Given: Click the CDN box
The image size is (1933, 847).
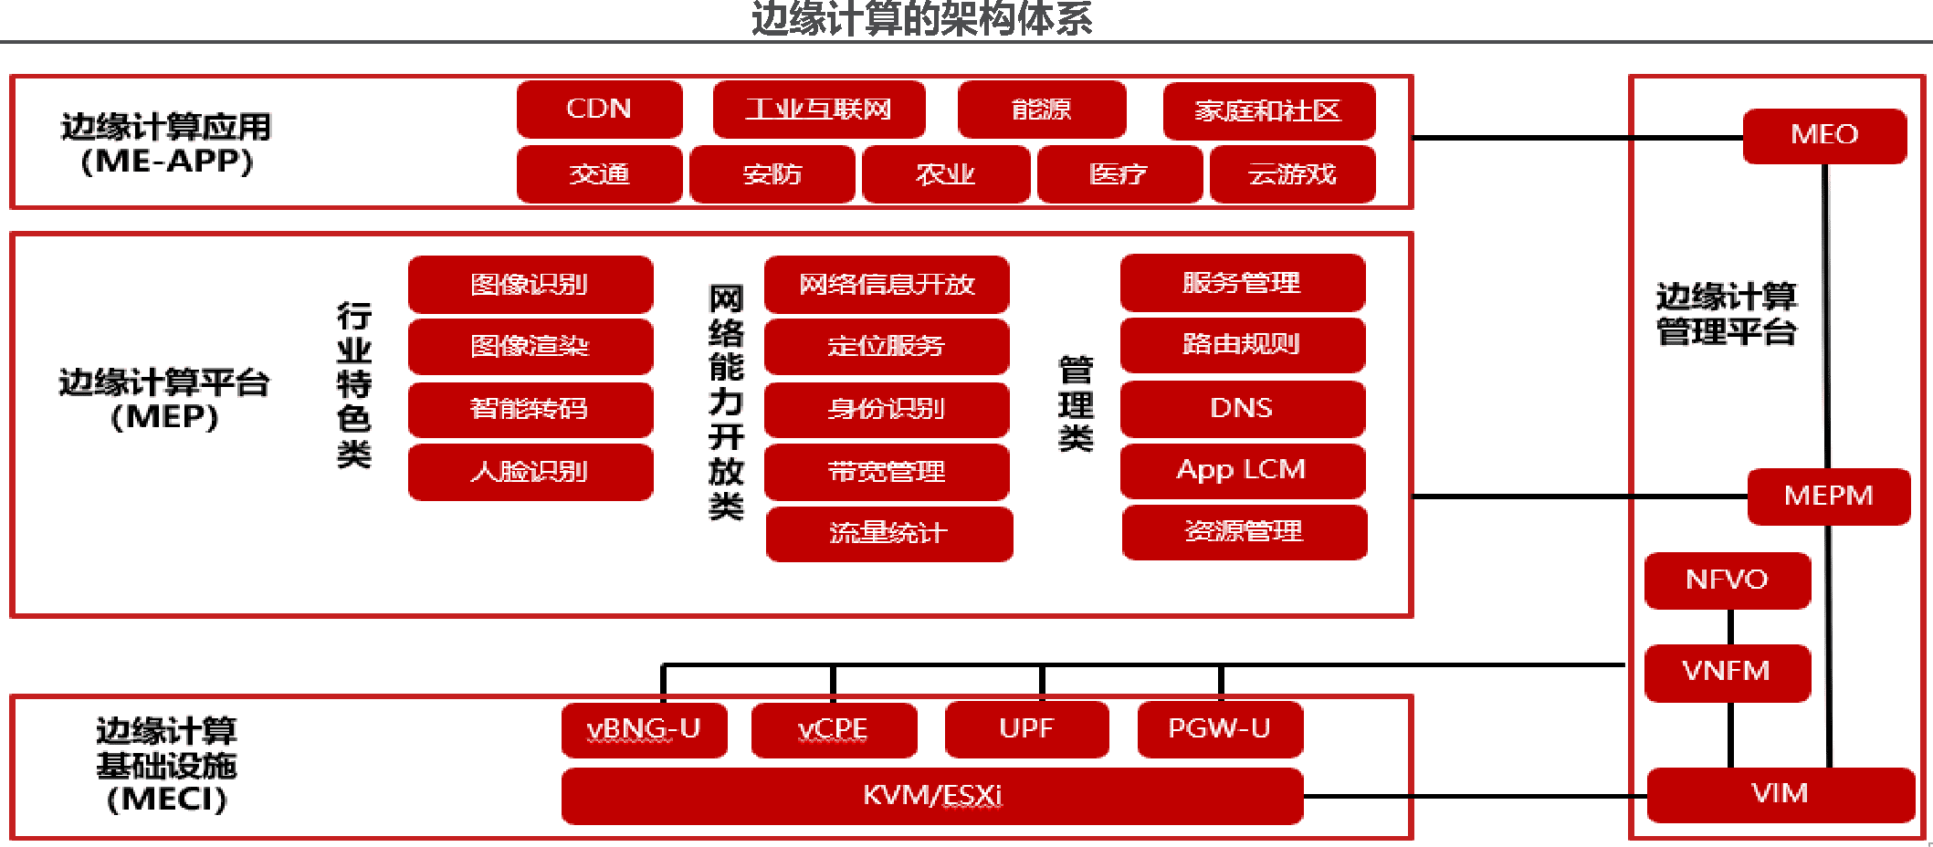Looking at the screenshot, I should point(599,109).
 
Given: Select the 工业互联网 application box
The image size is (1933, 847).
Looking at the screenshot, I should point(818,110).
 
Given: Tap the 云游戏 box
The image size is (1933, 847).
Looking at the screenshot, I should point(1292,173).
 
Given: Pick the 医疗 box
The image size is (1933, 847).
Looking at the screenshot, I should point(1119,173).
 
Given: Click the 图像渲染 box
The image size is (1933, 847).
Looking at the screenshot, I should point(531,346).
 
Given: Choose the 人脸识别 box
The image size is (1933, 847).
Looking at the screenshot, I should point(531,472).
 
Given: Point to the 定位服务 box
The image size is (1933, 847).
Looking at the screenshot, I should point(887,346).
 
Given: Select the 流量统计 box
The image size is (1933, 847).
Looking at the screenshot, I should point(888,533).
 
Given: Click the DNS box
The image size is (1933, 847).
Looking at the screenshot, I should point(1242,408).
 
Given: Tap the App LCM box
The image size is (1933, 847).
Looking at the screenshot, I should point(1242,470).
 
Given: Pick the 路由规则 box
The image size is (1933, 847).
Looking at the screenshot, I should point(1242,344).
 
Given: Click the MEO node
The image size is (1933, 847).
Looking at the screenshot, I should point(1824,135).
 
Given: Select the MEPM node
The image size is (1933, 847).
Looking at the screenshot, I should point(1828,496).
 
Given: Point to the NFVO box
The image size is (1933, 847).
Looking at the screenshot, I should point(1727,580).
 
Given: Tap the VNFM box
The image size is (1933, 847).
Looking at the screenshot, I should point(1727,672).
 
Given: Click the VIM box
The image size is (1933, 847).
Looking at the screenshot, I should point(1780,794).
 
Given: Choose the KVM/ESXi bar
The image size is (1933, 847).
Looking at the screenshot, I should point(932,796).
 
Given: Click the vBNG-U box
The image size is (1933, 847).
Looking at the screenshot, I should point(644,729).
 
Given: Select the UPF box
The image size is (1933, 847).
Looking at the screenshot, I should point(1026,729).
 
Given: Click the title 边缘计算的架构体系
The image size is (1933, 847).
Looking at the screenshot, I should point(921,18).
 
